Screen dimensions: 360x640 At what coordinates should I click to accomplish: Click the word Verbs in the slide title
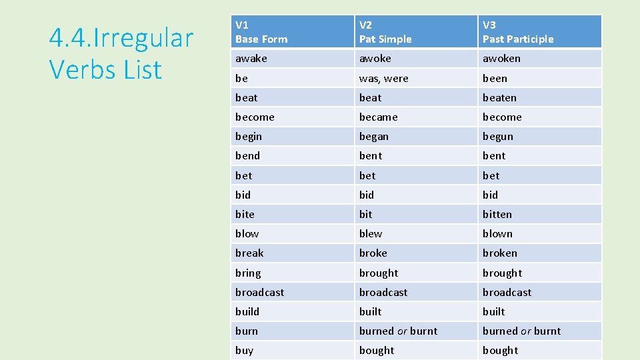pyautogui.click(x=79, y=69)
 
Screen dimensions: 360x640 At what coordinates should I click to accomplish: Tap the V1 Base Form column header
pyautogui.click(x=261, y=32)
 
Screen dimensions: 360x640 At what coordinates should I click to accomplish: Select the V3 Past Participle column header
pyautogui.click(x=518, y=32)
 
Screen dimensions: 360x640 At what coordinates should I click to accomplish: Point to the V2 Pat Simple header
pyautogui.click(x=385, y=32)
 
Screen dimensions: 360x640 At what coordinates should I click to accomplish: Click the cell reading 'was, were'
pyautogui.click(x=384, y=78)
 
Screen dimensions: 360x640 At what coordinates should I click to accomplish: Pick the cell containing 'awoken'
pyautogui.click(x=501, y=59)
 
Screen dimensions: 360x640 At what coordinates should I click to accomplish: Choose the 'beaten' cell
pyautogui.click(x=499, y=97)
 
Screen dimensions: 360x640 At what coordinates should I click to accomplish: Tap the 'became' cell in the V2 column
pyautogui.click(x=378, y=117)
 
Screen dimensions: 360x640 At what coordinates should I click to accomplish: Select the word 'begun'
pyautogui.click(x=498, y=136)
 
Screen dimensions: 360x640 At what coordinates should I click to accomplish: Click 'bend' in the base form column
pyautogui.click(x=247, y=155)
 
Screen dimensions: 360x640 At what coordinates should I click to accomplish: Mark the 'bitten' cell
pyautogui.click(x=497, y=214)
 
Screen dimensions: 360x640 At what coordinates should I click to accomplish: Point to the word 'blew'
pyautogui.click(x=371, y=233)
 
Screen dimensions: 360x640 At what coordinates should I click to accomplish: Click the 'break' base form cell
pyautogui.click(x=249, y=253)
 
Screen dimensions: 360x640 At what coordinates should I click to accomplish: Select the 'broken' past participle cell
pyautogui.click(x=500, y=253)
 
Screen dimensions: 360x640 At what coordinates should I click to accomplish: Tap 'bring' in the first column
pyautogui.click(x=248, y=273)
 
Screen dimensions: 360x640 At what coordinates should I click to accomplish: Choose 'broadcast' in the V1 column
pyautogui.click(x=259, y=292)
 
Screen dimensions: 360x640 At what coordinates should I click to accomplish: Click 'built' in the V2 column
pyautogui.click(x=371, y=311)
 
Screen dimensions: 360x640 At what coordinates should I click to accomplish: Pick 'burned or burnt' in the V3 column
pyautogui.click(x=522, y=331)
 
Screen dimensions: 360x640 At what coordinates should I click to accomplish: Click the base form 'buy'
pyautogui.click(x=244, y=350)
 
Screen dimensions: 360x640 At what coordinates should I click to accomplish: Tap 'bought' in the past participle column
pyautogui.click(x=501, y=350)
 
